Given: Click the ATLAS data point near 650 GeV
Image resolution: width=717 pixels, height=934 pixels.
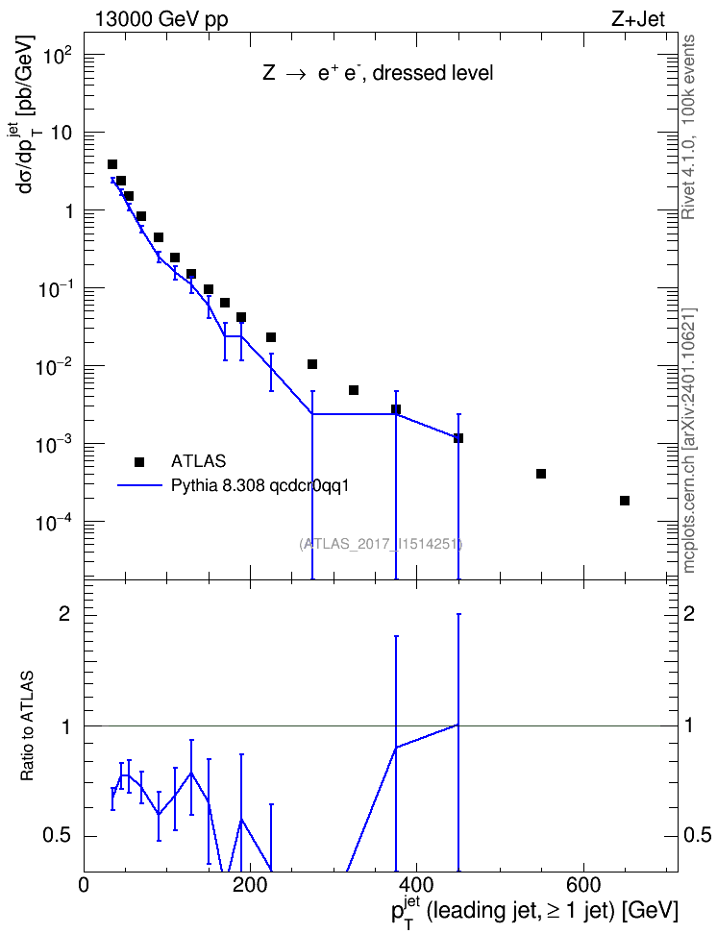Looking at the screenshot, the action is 624,501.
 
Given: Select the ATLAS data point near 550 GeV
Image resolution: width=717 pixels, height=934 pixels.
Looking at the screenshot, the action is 541,474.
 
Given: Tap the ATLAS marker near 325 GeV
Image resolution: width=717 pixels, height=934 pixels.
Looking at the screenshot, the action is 354,390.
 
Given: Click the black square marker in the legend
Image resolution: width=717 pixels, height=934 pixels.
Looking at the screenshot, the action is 138,461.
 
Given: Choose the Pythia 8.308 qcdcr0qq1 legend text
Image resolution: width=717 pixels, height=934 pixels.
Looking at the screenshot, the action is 260,485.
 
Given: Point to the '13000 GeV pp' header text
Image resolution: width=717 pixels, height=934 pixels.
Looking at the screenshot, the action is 161,20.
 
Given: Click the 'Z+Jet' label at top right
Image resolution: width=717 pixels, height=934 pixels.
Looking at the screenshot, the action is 638,20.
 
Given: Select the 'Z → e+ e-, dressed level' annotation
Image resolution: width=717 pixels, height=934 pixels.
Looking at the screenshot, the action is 378,73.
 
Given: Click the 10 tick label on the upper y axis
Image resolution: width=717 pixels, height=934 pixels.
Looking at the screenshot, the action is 61,133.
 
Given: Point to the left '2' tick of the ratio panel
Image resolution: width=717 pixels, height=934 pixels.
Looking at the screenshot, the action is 64,614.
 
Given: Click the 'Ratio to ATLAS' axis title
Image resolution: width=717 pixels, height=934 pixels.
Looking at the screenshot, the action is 27,726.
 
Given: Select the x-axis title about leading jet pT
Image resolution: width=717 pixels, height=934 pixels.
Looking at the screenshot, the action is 534,911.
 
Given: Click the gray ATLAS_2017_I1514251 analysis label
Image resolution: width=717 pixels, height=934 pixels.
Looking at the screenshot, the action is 381,543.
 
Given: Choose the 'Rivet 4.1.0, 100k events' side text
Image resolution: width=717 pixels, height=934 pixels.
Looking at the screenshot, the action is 688,127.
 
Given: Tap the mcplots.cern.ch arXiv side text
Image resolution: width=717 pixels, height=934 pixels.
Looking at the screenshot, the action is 689,440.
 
